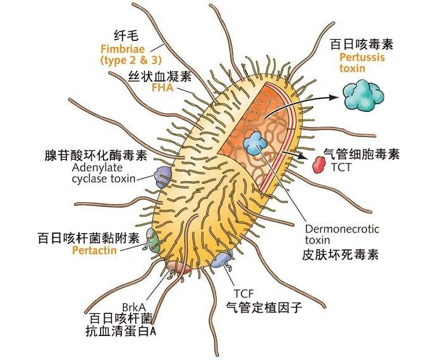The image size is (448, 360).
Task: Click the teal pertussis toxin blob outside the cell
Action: tap(363, 95)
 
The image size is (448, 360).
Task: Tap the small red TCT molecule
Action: tap(319, 165)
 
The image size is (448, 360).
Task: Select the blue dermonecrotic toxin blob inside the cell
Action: tap(255, 143)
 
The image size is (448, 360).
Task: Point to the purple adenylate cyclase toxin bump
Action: tap(163, 177)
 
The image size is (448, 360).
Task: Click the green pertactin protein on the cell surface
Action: tap(152, 240)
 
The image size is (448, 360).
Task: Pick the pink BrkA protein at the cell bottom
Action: tap(178, 268)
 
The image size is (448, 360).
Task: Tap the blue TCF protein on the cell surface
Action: tap(221, 259)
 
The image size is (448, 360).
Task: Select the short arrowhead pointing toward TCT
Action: tap(301, 155)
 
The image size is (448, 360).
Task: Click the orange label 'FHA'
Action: tap(162, 87)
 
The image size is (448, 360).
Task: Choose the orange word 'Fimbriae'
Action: tap(123, 49)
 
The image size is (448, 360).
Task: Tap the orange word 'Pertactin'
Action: tap(94, 250)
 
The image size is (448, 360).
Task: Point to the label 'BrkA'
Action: tap(134, 308)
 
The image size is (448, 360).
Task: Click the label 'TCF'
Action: tap(243, 293)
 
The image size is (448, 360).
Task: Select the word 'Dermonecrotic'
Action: tap(342, 229)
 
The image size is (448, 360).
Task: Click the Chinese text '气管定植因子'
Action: tap(264, 308)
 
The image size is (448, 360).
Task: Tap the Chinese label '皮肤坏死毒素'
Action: tap(341, 255)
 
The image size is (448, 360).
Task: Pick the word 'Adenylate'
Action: tap(97, 167)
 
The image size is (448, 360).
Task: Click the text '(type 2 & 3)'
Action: tap(131, 60)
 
